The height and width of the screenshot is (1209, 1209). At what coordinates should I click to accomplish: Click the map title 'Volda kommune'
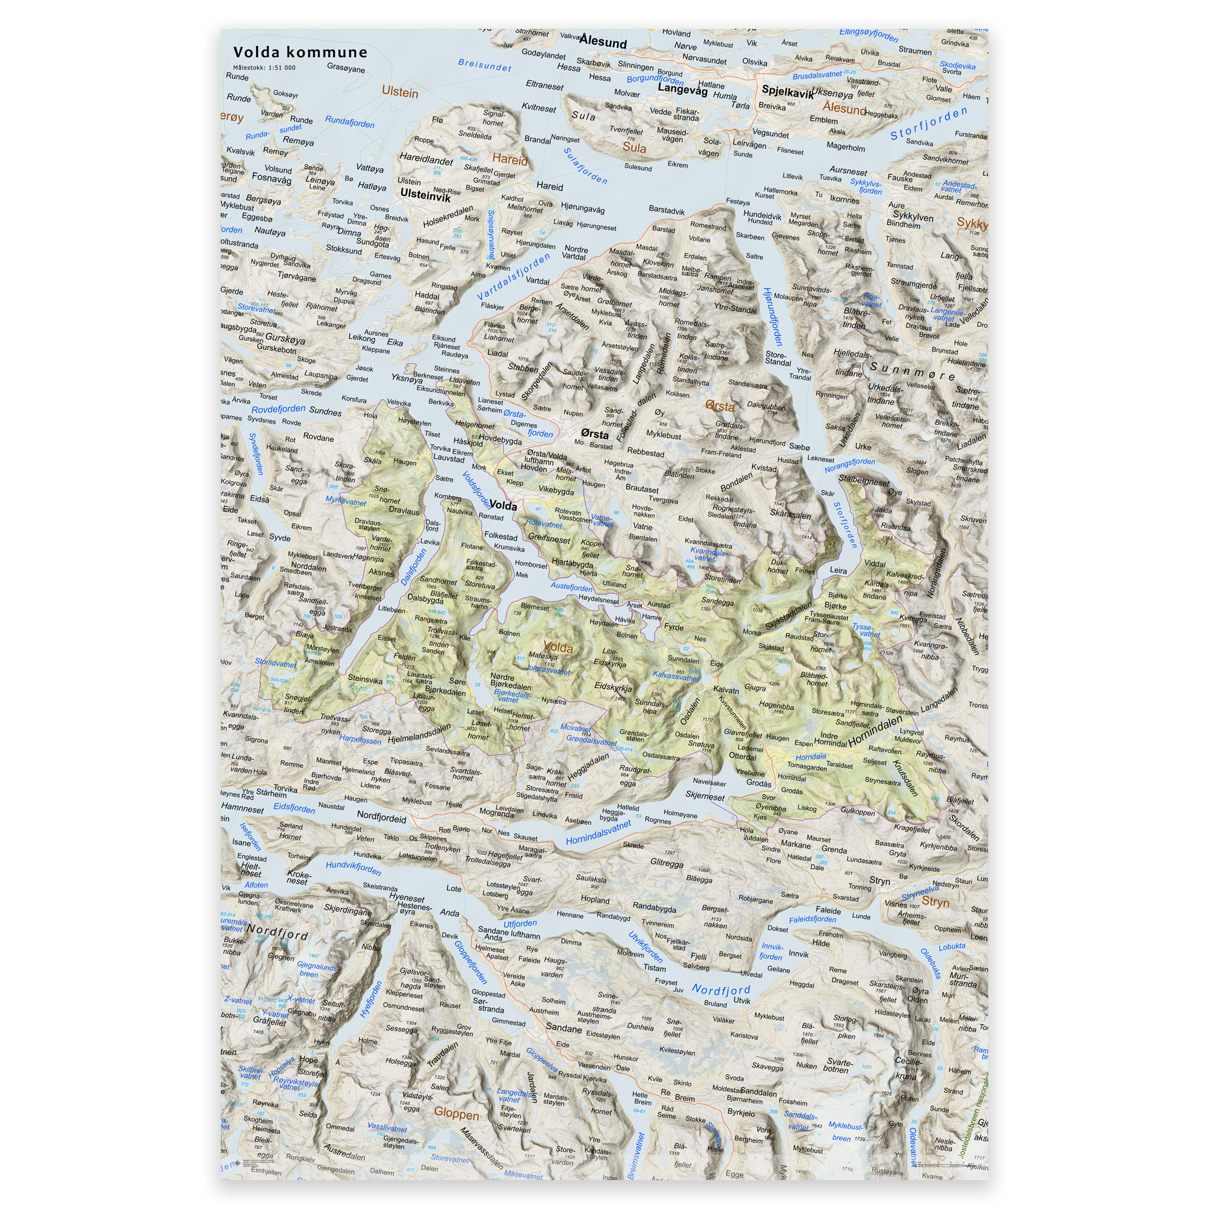pos(300,52)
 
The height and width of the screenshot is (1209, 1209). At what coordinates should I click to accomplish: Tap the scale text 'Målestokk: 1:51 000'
pos(264,67)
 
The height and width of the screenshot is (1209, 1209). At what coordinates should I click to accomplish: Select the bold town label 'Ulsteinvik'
pos(425,195)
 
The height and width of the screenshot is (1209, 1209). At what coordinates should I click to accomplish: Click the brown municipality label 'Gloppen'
pos(456,1114)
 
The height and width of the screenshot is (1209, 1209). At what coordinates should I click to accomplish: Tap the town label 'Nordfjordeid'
pos(381,816)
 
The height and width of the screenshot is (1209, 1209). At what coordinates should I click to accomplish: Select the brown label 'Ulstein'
pos(400,93)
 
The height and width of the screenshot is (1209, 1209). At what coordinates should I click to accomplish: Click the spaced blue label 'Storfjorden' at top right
pos(929,124)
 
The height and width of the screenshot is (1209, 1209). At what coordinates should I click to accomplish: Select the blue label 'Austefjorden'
pos(571,587)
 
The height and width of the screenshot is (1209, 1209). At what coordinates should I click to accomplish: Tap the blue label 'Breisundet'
pos(484,64)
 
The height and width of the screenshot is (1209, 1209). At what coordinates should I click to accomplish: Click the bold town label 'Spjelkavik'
pos(788,92)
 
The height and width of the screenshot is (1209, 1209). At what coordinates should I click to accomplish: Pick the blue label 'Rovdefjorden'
pos(279,409)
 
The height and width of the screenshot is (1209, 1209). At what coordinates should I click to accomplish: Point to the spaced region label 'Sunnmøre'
pos(913,371)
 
